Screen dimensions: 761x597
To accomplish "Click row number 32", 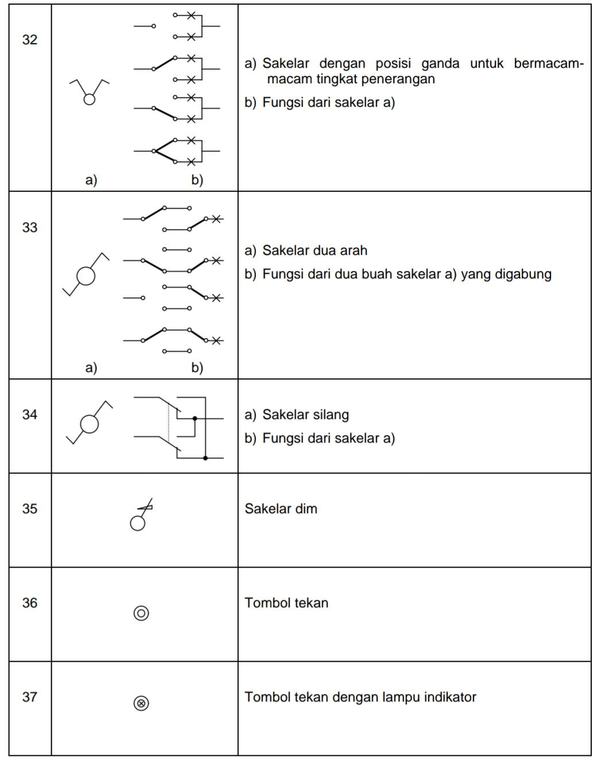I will (x=30, y=40).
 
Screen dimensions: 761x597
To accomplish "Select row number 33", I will (x=30, y=227).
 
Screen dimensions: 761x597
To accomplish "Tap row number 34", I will (x=30, y=414).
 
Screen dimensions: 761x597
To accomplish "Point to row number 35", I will (x=30, y=508).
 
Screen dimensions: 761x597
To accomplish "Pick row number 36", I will (x=30, y=603).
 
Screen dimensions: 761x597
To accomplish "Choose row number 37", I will (x=30, y=697).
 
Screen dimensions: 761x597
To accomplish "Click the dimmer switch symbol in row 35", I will (x=141, y=515).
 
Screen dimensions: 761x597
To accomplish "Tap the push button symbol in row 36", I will (x=141, y=613).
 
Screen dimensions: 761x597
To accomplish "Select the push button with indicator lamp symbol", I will (x=141, y=703).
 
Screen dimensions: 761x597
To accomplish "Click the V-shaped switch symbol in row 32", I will (x=89, y=92).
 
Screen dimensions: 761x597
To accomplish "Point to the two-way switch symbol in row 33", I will (x=86, y=275).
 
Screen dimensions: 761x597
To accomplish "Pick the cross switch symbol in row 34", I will (x=90, y=423).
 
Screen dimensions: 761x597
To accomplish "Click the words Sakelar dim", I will (x=281, y=508).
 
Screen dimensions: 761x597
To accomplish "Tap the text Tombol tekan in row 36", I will (x=286, y=603).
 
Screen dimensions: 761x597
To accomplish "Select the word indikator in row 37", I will (x=450, y=697).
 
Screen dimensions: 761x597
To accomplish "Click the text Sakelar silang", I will (x=305, y=414).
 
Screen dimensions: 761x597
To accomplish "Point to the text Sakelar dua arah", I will (x=315, y=250).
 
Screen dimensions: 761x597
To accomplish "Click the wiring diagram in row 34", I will (x=179, y=428).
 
